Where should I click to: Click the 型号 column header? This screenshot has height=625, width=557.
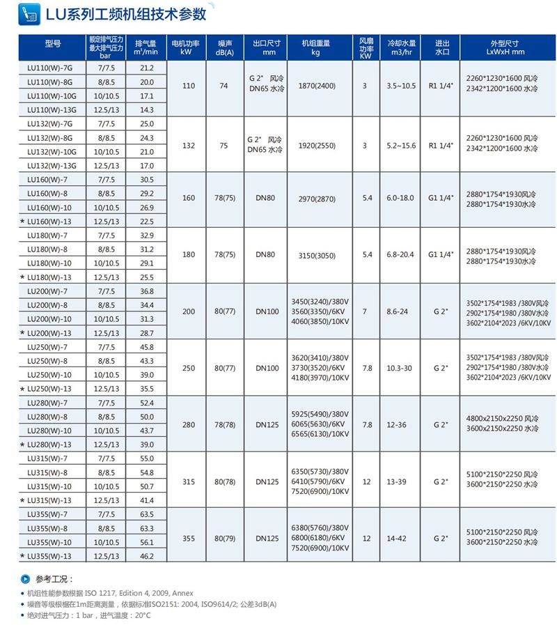click(x=53, y=44)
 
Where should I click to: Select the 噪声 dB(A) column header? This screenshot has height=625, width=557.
click(x=224, y=47)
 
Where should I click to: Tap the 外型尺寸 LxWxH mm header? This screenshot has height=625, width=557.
click(x=505, y=47)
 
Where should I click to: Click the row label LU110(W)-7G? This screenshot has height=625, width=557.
click(x=52, y=68)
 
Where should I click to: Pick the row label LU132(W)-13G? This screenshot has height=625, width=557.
click(x=52, y=166)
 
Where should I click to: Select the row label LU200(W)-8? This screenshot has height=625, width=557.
click(x=49, y=305)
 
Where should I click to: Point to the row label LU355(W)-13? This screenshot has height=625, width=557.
click(x=49, y=556)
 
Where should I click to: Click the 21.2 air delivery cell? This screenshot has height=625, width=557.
click(x=147, y=68)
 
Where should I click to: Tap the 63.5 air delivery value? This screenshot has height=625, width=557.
click(x=147, y=514)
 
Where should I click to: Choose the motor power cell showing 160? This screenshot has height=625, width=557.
click(x=189, y=198)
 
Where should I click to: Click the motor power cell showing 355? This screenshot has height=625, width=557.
click(x=189, y=538)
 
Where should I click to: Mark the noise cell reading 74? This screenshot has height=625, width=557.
click(x=223, y=86)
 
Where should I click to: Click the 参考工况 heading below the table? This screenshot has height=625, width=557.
click(x=54, y=579)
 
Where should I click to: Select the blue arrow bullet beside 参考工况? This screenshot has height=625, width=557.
click(x=26, y=579)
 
